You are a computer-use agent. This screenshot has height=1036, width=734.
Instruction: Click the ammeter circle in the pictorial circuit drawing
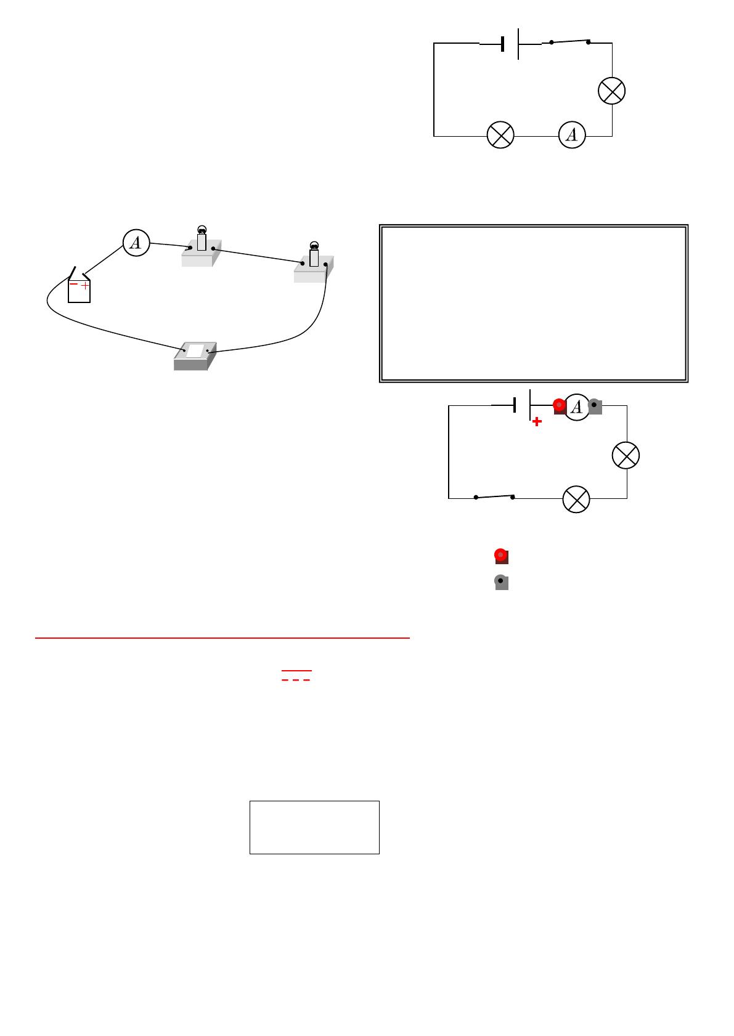136,242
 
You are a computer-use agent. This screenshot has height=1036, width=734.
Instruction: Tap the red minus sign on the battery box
73,283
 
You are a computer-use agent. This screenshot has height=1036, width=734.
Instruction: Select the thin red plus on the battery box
84,286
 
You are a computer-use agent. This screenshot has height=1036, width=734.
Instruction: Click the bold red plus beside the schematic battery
537,421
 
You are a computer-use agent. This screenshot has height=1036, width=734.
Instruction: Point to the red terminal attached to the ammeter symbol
560,407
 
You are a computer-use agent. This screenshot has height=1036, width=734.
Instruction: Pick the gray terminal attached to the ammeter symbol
595,407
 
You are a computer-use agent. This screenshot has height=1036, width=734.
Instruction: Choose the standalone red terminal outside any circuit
501,556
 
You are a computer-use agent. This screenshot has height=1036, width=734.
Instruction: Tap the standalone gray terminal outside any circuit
501,582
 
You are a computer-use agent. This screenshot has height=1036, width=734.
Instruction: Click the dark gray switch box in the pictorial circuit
195,356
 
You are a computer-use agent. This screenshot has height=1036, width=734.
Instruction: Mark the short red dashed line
296,680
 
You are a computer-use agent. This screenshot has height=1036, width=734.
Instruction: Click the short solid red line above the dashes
296,670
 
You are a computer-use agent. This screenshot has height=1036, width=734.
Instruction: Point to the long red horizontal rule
222,637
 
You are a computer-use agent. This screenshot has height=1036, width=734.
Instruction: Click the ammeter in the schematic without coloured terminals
572,135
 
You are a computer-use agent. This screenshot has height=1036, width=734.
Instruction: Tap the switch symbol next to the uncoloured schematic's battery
569,42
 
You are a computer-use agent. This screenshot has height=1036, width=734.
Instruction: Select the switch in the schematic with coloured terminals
494,496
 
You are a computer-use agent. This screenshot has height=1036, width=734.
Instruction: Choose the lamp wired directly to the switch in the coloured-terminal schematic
576,499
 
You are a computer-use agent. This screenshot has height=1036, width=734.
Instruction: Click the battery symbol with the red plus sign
523,405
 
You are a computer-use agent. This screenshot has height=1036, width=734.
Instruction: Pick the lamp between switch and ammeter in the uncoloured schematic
612,91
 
